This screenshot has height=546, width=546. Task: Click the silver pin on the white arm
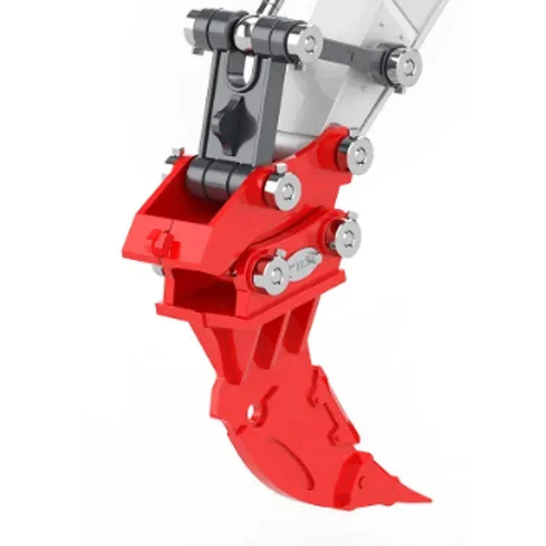point(407,65)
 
